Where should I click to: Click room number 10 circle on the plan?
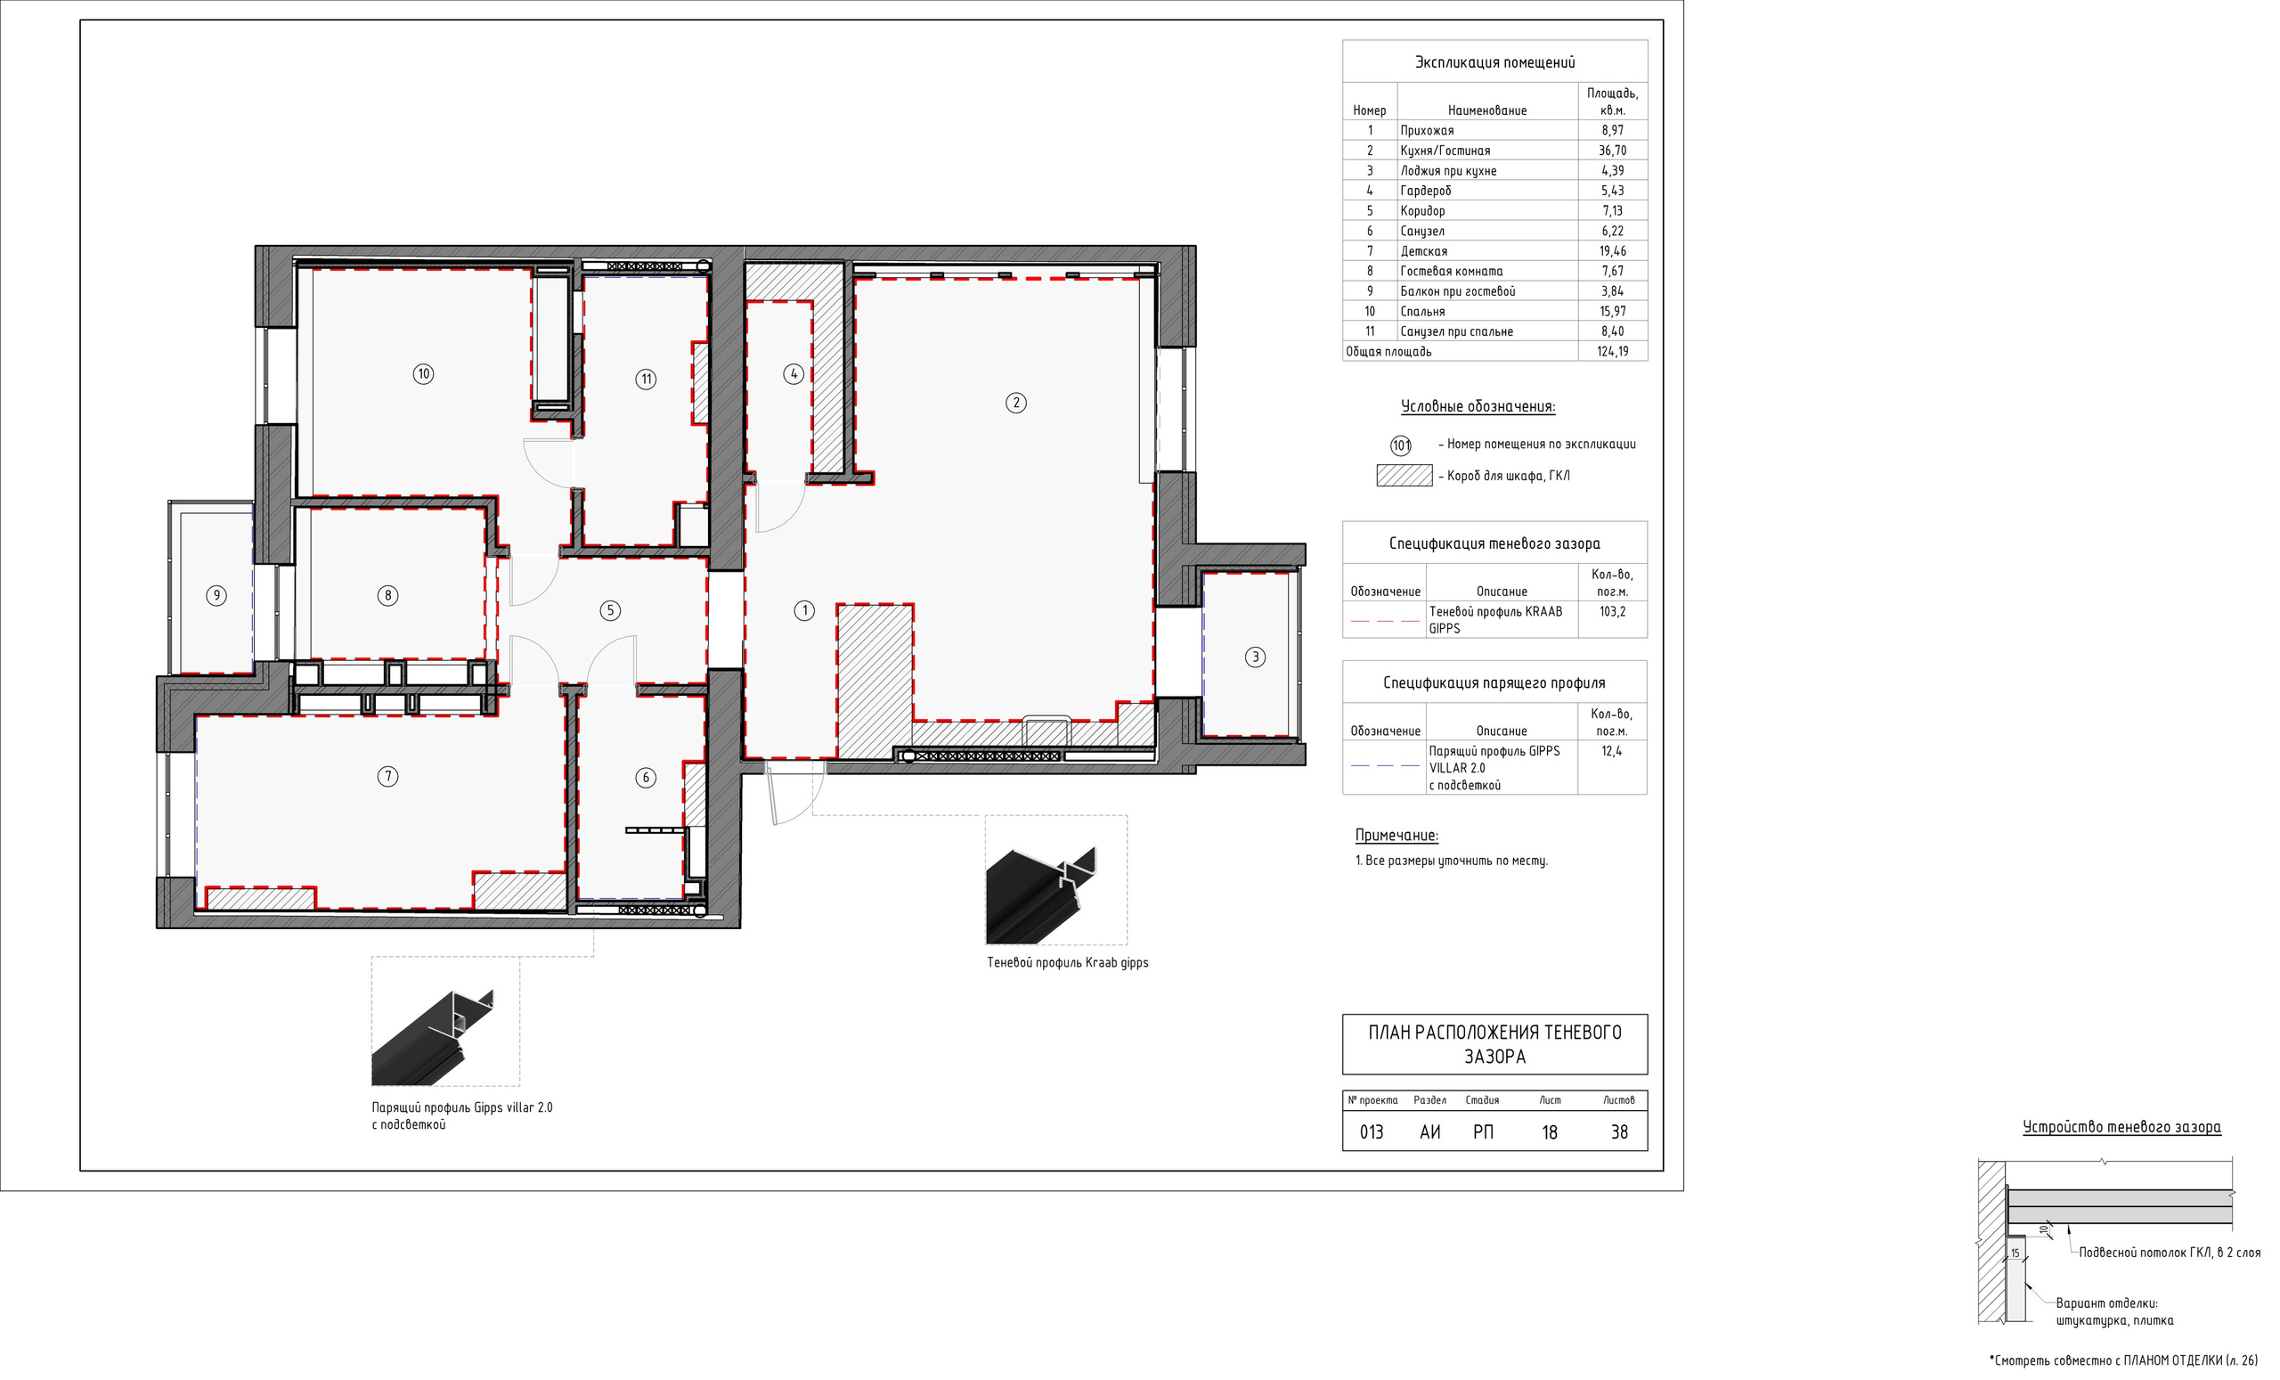click(423, 374)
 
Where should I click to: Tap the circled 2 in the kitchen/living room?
click(1016, 403)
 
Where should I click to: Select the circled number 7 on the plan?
click(387, 777)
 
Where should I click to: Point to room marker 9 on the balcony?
click(216, 595)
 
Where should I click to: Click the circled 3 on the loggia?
click(1255, 657)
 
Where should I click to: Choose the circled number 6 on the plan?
click(646, 778)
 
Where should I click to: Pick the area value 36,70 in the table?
click(1612, 150)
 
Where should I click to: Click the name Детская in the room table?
click(1423, 251)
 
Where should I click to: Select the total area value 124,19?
click(1612, 352)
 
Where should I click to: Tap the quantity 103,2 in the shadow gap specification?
click(1612, 612)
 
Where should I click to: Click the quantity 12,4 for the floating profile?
click(1611, 752)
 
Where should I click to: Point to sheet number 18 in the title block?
click(1550, 1132)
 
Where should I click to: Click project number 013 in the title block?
click(1372, 1132)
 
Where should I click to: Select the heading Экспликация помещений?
click(1494, 62)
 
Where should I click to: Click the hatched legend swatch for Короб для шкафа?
click(1404, 476)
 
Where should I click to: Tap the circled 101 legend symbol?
click(1401, 445)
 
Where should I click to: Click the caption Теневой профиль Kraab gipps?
click(1067, 962)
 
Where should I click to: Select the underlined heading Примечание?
click(1396, 835)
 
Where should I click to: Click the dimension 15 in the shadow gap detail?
click(2015, 1253)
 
